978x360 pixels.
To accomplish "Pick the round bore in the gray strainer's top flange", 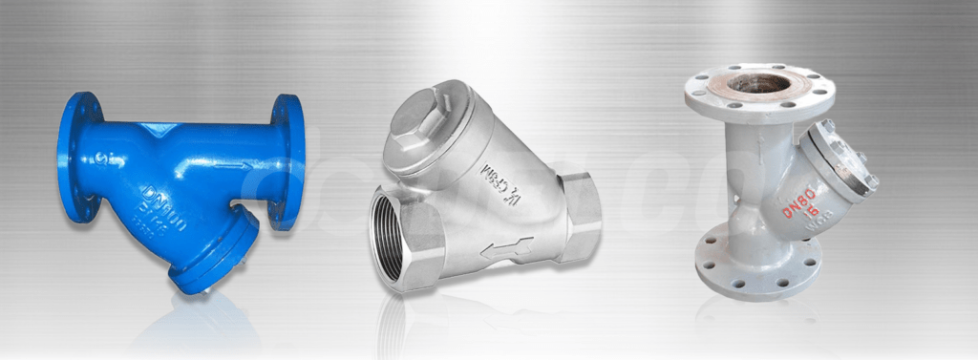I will tap(759, 83).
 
